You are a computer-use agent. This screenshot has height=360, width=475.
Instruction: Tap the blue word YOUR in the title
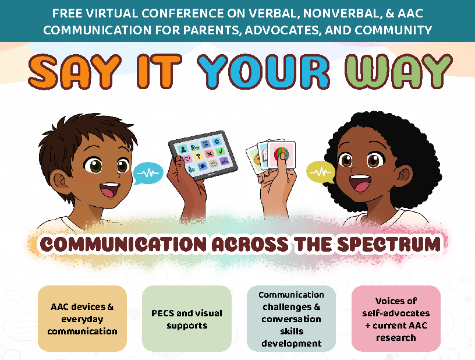click(263, 72)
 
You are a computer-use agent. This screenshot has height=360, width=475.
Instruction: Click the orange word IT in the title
click(157, 72)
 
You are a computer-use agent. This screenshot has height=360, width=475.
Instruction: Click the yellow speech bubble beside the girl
click(321, 172)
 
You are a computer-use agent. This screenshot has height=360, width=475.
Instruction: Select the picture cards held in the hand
click(271, 156)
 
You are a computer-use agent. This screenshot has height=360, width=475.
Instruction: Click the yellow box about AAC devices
click(82, 319)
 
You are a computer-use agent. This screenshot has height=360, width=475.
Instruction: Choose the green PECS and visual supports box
click(187, 319)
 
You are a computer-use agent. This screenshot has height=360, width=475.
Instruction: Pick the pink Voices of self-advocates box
click(396, 319)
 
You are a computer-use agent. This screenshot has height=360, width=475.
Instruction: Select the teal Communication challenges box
click(292, 319)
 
